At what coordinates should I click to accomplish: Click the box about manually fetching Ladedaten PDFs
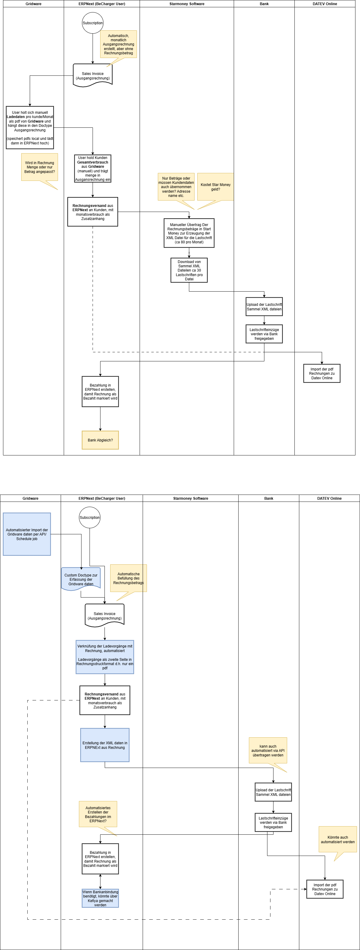[x=30, y=128]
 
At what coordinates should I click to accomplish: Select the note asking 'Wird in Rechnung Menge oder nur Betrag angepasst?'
[x=39, y=167]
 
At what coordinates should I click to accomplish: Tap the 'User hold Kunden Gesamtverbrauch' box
[x=93, y=168]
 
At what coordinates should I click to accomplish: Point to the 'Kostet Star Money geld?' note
[x=216, y=187]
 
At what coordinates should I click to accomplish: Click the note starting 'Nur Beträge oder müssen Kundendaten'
[x=176, y=187]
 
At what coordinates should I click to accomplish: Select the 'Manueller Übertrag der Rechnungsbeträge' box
[x=189, y=233]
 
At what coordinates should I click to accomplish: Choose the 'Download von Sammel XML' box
[x=189, y=270]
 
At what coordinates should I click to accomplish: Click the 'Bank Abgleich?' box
[x=100, y=440]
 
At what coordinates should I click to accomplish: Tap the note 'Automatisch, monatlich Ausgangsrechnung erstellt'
[x=118, y=44]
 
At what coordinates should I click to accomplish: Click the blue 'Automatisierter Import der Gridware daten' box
[x=27, y=534]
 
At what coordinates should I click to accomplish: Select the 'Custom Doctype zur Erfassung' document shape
[x=81, y=579]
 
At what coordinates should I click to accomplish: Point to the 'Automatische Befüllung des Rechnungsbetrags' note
[x=128, y=578]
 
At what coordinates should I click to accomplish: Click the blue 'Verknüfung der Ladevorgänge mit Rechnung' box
[x=105, y=657]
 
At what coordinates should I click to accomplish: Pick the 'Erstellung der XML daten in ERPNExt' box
[x=105, y=745]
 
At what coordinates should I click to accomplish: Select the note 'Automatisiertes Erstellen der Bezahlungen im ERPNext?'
[x=98, y=814]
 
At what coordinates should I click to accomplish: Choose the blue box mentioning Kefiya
[x=100, y=898]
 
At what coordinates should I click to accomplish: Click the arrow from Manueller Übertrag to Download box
[x=189, y=253]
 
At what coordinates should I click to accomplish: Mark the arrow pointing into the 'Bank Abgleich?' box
[x=100, y=419]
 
